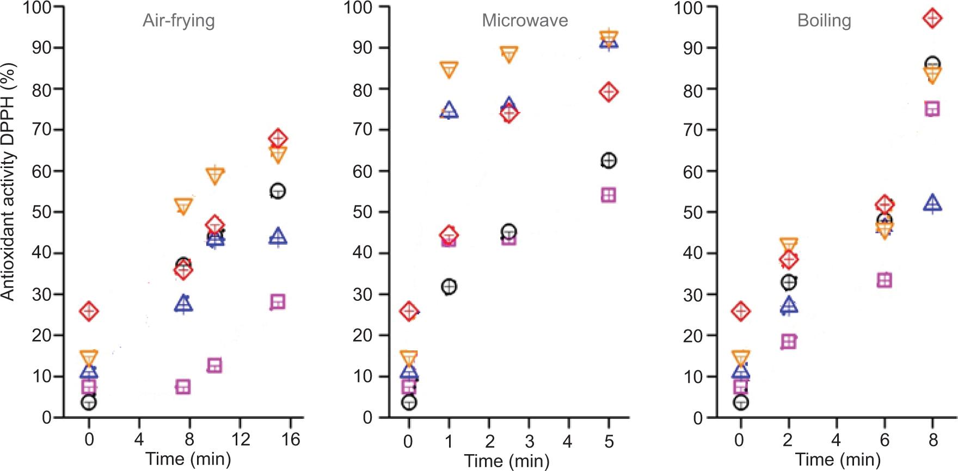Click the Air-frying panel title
coord(179,21)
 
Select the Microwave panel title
coord(525,21)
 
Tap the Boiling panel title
coord(824,21)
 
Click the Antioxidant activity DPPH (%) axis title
coord(8,182)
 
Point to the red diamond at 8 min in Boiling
coord(932,18)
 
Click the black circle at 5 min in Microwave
coord(609,160)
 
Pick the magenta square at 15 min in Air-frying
coord(278,302)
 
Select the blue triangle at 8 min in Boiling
coord(932,203)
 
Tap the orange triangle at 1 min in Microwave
coord(449,70)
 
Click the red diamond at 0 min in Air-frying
coord(89,311)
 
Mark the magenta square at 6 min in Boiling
coord(885,280)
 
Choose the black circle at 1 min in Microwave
coord(449,287)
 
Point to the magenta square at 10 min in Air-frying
coord(215,365)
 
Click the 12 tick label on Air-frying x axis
coord(241,439)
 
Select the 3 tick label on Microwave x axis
coord(529,441)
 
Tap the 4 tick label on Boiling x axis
coord(836,439)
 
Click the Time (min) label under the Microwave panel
coord(507,461)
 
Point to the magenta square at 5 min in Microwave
coord(609,195)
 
